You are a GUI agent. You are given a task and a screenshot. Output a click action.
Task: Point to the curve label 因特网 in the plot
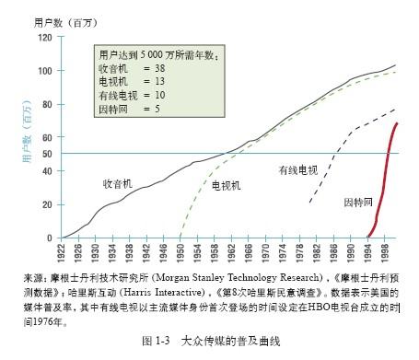coord(358,202)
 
